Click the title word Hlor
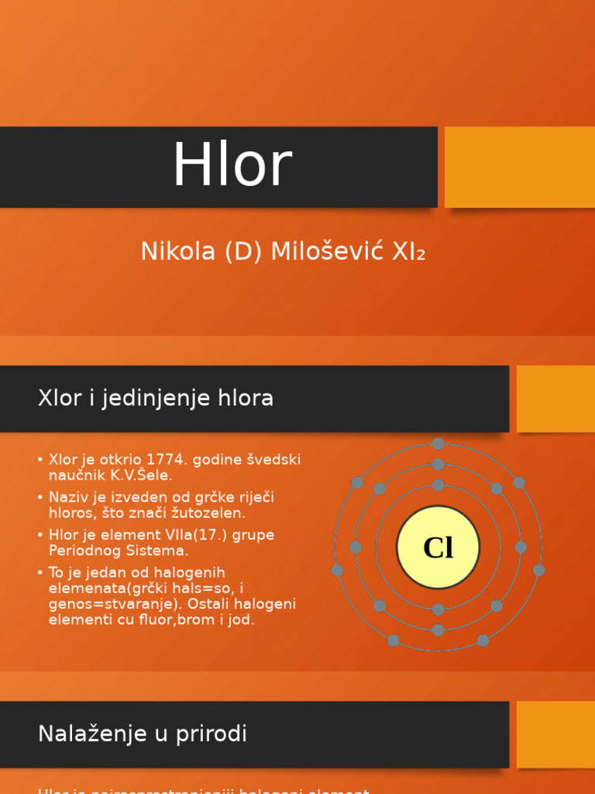[x=232, y=164]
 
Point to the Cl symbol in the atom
[x=438, y=547]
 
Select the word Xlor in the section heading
[x=60, y=399]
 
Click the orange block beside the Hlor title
[x=519, y=167]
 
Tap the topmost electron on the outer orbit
[x=438, y=444]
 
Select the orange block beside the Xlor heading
[x=555, y=399]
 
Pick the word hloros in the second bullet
[x=73, y=513]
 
